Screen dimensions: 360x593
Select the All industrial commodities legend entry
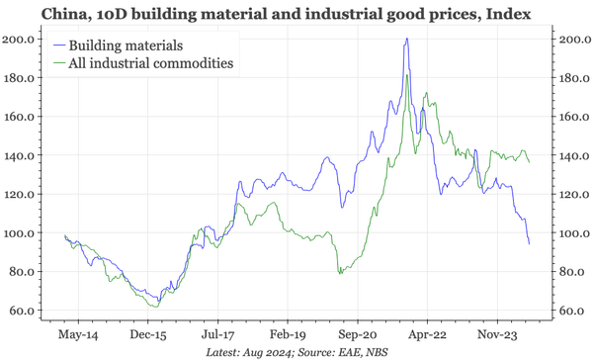point(148,63)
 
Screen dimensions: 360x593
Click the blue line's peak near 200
point(407,40)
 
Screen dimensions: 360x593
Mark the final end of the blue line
point(529,244)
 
